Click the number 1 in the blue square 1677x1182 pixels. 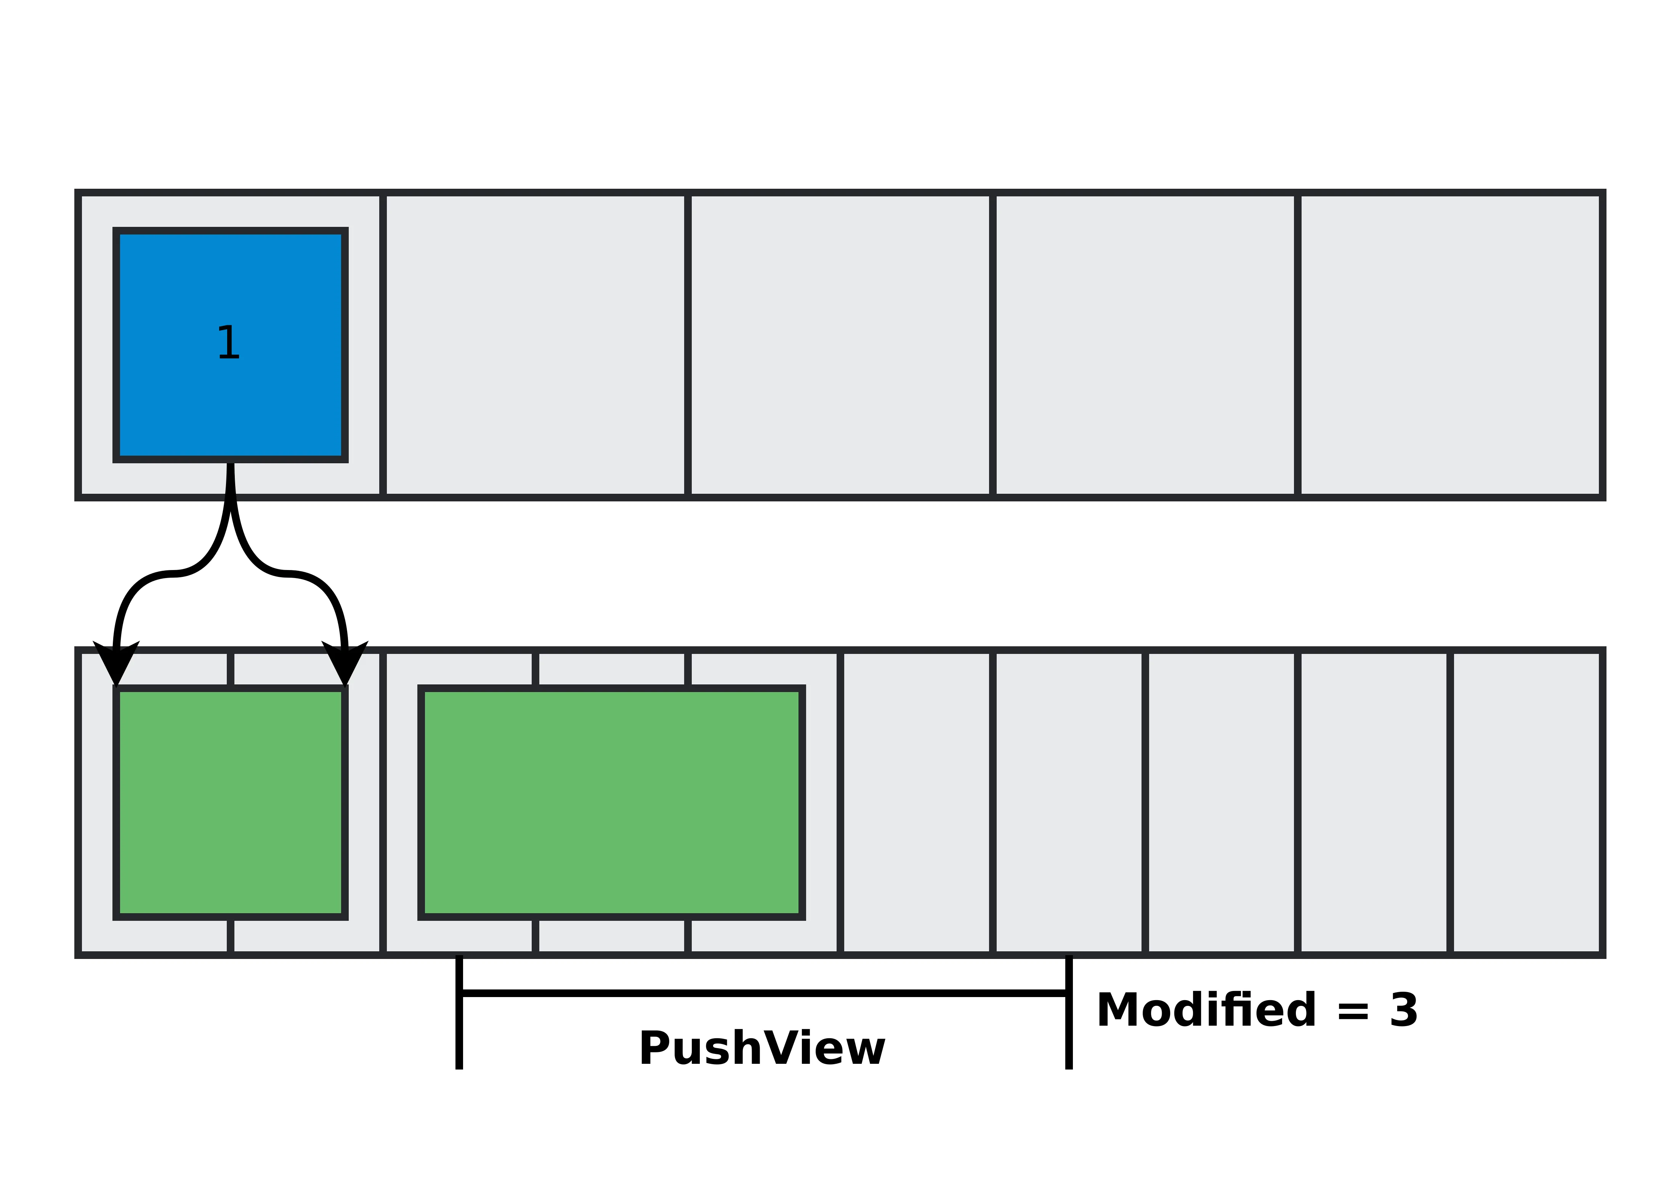click(229, 343)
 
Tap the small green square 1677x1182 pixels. click(230, 802)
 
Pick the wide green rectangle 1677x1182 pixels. click(611, 802)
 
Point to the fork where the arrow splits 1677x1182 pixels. click(230, 504)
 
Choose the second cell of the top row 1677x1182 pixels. click(535, 345)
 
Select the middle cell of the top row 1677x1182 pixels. click(840, 345)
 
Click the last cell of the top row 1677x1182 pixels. click(1450, 345)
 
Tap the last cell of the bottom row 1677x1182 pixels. click(1526, 802)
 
